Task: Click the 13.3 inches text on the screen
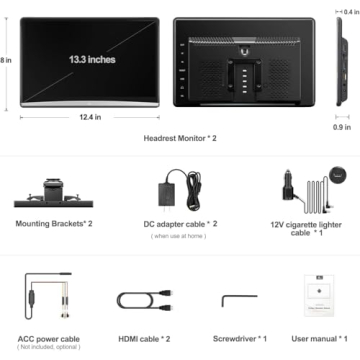[x=92, y=60]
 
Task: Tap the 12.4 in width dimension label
[x=91, y=117]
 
